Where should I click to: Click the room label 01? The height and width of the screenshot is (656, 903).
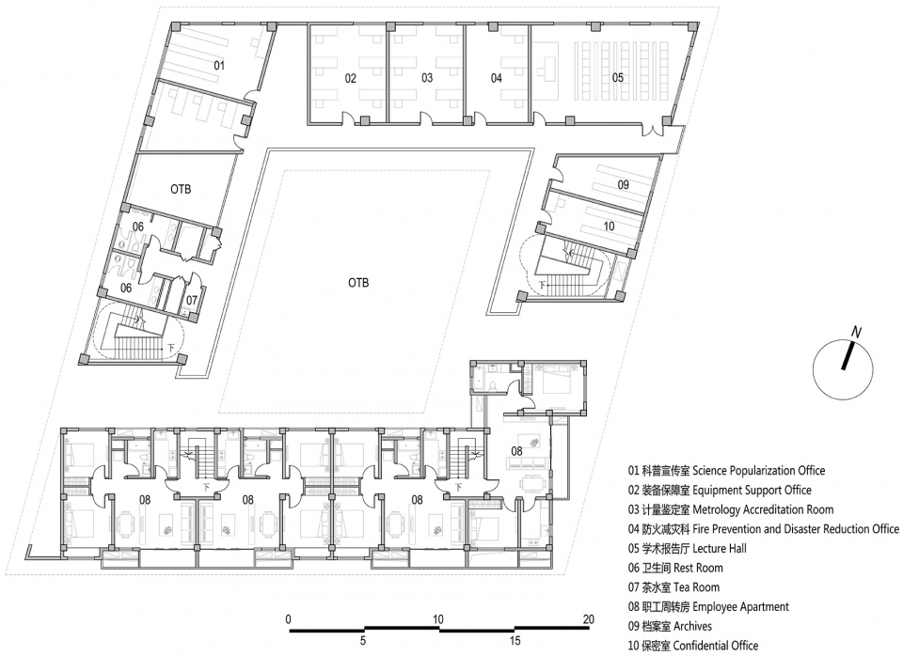(219, 66)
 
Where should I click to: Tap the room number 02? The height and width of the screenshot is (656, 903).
(351, 78)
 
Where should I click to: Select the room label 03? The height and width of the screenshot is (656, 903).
(427, 78)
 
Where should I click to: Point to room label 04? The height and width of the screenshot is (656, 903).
(497, 78)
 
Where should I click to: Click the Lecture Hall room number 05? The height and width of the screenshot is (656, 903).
(617, 77)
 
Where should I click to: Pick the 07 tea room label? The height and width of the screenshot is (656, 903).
(192, 300)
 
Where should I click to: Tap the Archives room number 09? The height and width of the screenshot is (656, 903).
(623, 185)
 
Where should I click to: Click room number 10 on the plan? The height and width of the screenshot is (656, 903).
(610, 226)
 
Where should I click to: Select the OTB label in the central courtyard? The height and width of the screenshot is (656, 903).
(358, 283)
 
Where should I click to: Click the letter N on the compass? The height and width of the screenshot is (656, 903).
(856, 332)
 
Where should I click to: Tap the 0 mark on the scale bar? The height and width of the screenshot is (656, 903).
(289, 619)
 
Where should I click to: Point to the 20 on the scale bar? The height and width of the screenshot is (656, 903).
(588, 619)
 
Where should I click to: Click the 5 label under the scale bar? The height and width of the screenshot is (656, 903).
(363, 640)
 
